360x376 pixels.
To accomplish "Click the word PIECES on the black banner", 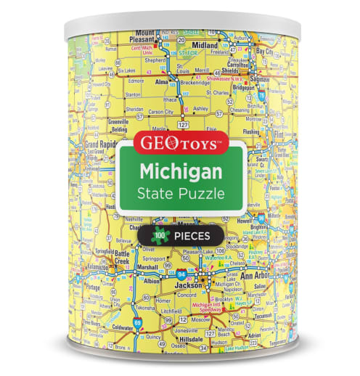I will tap(192, 235).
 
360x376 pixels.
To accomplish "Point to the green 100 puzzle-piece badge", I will tap(157, 235).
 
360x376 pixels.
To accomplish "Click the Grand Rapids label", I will tap(100, 145).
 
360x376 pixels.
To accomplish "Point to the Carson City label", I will tap(160, 113).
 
